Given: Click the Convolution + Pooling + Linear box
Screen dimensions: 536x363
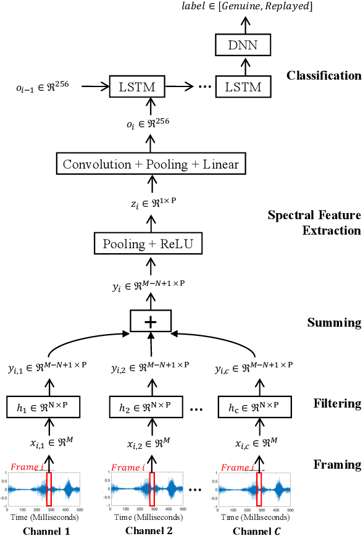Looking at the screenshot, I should coord(151,164).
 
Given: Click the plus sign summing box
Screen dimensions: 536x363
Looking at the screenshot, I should coord(150,320).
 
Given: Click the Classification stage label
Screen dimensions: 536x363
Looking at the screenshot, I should coord(323,76).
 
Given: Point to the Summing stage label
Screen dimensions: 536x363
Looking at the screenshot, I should coord(334,322).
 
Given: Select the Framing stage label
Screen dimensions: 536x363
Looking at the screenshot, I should coord(337,464).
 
